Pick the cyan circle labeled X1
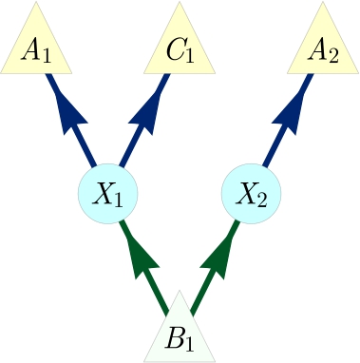107,195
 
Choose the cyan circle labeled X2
252,195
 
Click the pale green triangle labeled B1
180,334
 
